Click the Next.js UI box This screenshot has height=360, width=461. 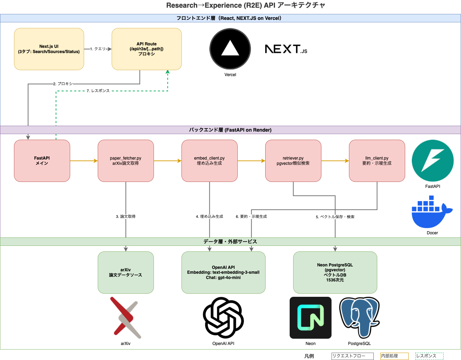49,49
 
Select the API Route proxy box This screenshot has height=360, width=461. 147,49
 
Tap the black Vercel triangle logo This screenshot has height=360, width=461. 230,49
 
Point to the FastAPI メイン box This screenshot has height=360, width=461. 42,161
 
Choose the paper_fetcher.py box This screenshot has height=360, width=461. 126,161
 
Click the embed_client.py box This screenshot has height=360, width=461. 209,161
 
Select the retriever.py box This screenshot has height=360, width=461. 293,161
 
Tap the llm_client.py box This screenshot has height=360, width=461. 377,161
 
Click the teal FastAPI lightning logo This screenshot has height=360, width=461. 432,161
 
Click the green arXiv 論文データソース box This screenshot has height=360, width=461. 126,272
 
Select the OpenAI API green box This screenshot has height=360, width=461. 223,272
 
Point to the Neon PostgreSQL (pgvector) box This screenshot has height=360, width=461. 335,272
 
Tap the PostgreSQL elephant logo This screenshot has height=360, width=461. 359,317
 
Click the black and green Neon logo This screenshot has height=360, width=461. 310,317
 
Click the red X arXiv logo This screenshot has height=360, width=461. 126,317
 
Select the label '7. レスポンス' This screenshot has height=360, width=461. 98,91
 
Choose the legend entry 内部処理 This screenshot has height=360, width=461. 394,356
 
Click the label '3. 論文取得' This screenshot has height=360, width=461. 126,216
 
